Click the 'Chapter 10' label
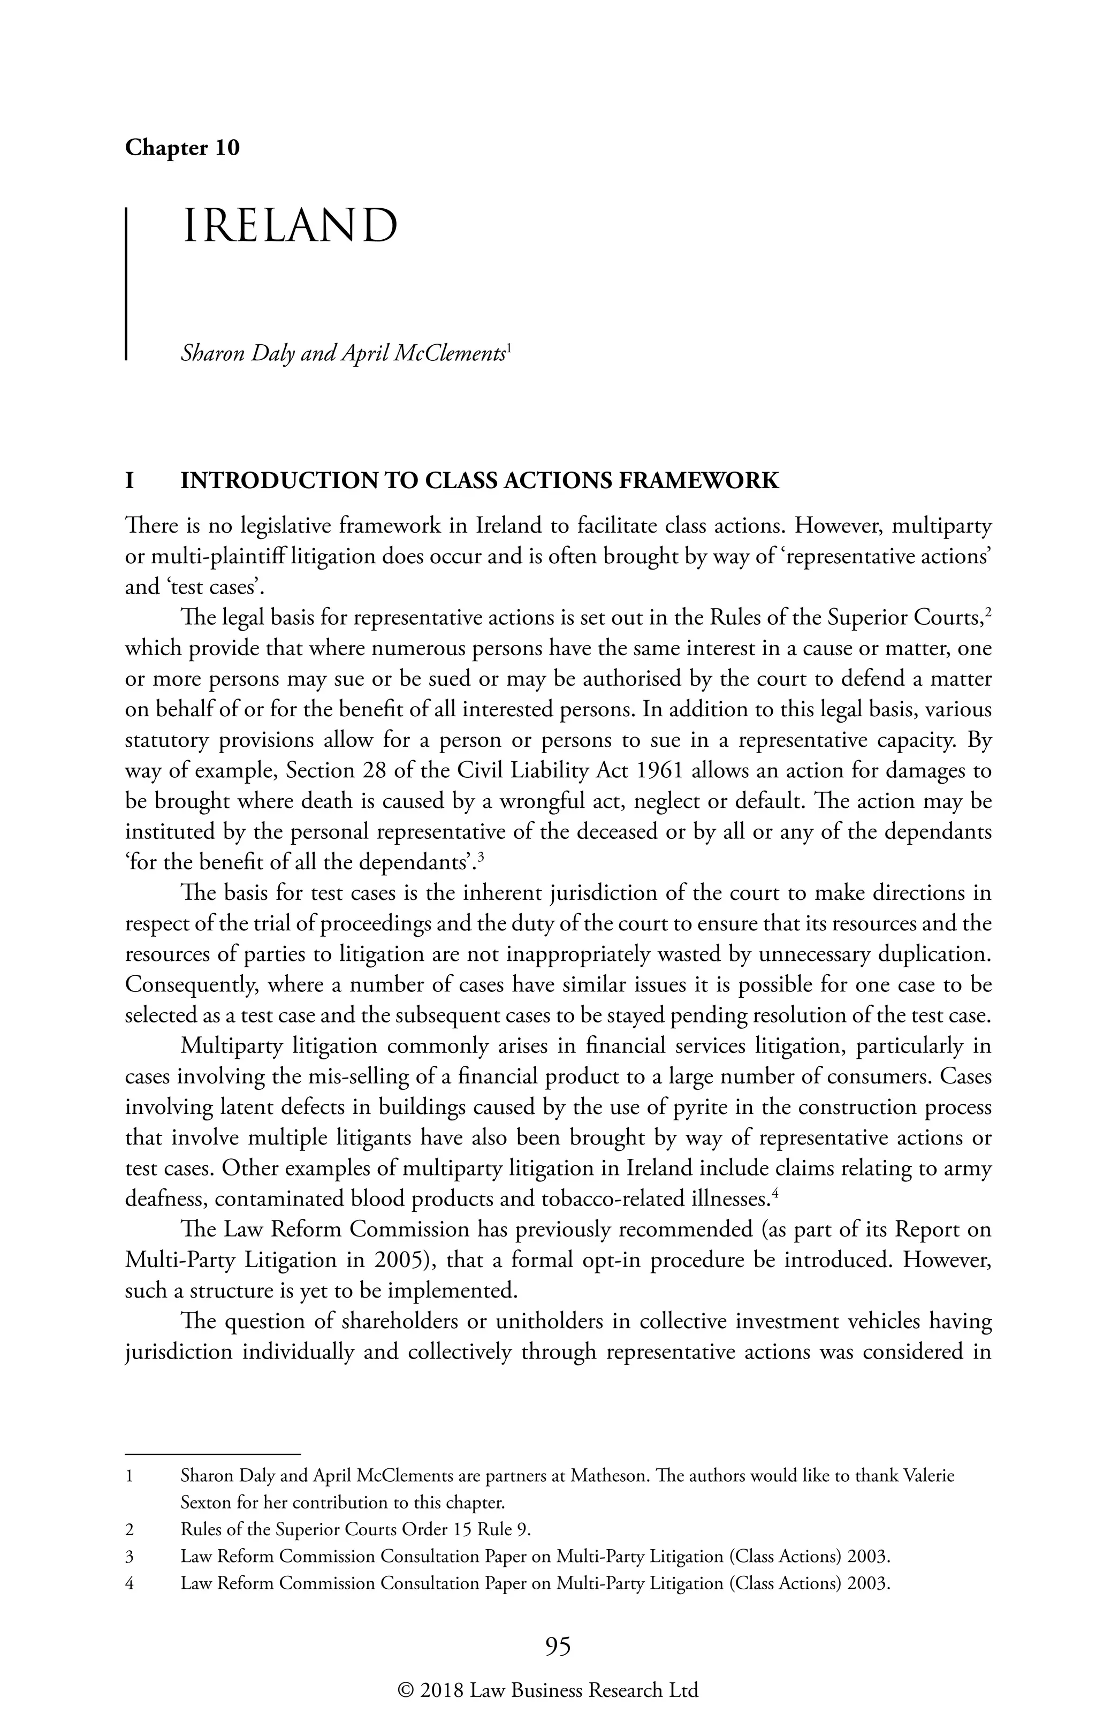click(x=182, y=148)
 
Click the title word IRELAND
click(x=291, y=226)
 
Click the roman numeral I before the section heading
click(x=130, y=481)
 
